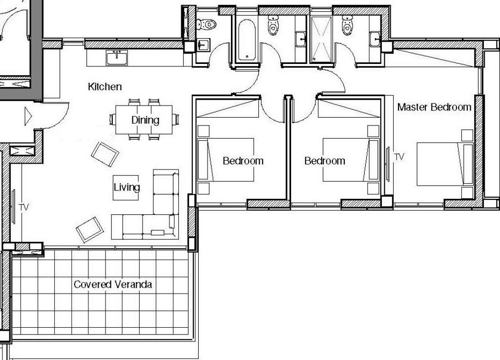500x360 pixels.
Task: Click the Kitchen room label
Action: (x=104, y=87)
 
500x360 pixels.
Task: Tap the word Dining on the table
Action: (x=145, y=120)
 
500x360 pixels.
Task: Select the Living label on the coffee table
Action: (x=126, y=187)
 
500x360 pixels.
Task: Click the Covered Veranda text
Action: (x=113, y=284)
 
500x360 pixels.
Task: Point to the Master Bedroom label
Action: (x=434, y=107)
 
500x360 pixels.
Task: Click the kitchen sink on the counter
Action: (x=117, y=58)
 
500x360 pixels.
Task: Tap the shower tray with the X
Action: (x=321, y=39)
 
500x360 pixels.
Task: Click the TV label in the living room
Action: (x=24, y=207)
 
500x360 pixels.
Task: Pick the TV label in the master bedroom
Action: (x=399, y=157)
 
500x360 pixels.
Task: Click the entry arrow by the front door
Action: (x=28, y=116)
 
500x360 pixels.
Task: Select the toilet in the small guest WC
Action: (x=206, y=24)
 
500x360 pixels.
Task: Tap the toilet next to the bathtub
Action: (x=273, y=24)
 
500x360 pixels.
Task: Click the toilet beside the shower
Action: (x=347, y=24)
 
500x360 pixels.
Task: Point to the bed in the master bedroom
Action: (x=445, y=164)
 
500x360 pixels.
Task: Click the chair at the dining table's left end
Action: (x=113, y=119)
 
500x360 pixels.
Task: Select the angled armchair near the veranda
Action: (x=90, y=230)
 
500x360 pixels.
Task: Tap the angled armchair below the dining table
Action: (x=105, y=154)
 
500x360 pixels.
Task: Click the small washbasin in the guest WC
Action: (x=203, y=45)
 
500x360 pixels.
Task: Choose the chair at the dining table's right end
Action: (x=175, y=119)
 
